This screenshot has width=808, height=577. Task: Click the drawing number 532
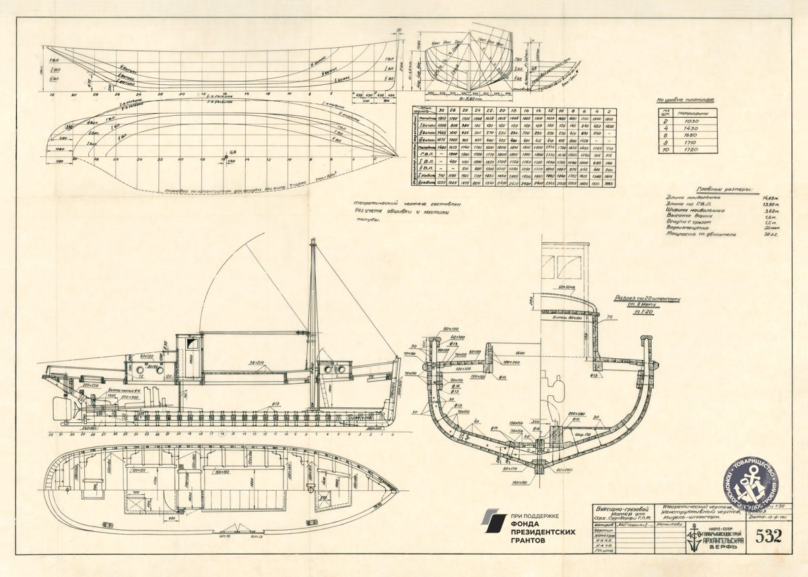[x=768, y=536]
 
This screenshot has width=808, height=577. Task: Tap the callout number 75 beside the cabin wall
[x=609, y=316]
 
